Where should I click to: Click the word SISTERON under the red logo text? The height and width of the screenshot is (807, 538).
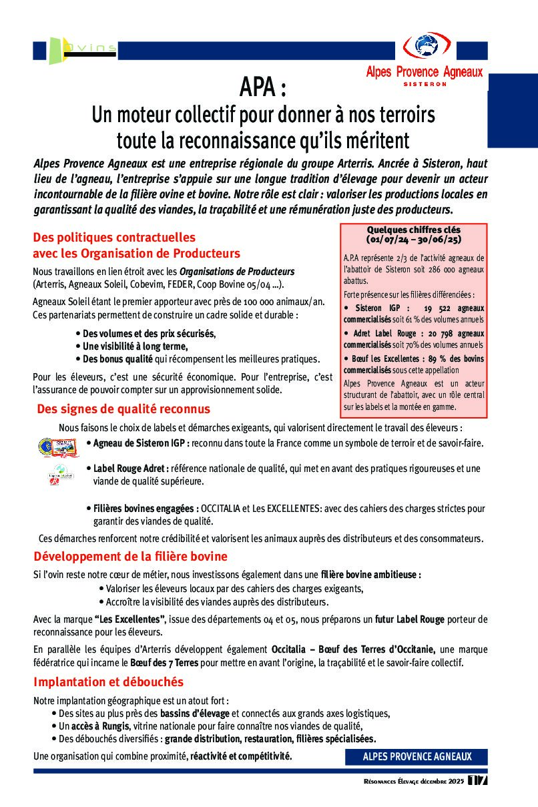click(x=425, y=84)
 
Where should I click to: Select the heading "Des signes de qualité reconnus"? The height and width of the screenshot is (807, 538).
click(x=123, y=409)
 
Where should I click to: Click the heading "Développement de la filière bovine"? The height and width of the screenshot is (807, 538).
click(x=130, y=556)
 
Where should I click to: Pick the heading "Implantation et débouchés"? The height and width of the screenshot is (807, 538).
click(x=108, y=682)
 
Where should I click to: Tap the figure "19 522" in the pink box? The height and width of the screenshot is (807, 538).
click(x=437, y=308)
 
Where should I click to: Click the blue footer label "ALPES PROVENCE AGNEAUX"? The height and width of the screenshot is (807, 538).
click(x=417, y=756)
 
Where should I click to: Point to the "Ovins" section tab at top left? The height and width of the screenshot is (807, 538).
click(x=89, y=48)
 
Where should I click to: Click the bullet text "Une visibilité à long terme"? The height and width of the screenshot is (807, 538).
click(x=135, y=346)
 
